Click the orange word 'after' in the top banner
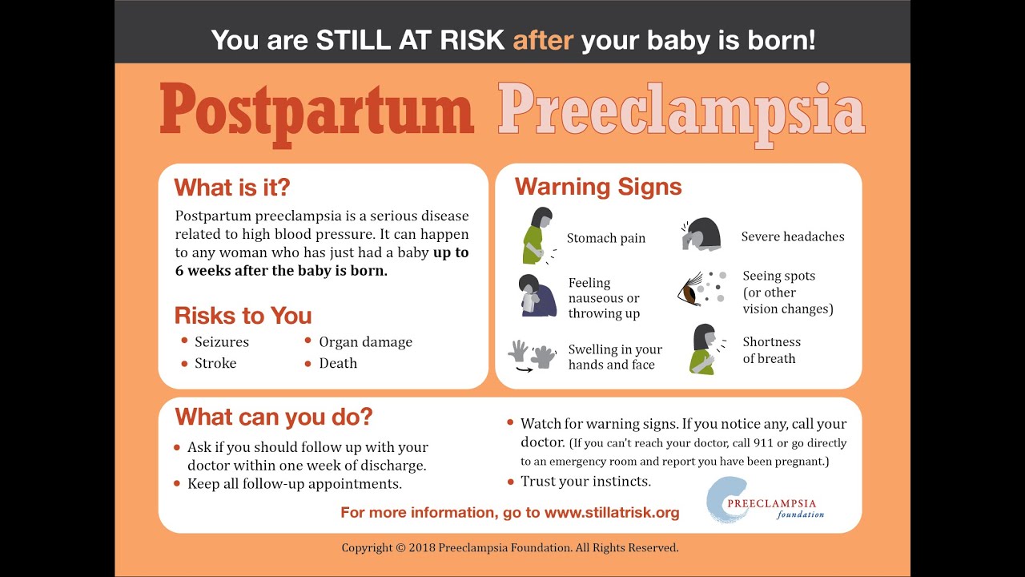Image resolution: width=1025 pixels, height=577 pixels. [543, 40]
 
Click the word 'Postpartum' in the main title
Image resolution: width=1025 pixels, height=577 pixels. [316, 115]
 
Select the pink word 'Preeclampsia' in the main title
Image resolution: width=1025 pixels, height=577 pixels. [681, 115]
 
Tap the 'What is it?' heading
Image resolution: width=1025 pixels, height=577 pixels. [232, 188]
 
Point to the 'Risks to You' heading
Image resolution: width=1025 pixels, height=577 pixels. [243, 316]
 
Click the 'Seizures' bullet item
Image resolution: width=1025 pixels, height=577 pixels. [222, 342]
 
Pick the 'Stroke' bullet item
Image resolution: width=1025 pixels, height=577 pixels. [215, 363]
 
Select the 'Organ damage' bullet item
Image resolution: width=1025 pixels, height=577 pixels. [366, 342]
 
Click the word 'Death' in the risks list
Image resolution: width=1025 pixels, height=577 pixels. [338, 363]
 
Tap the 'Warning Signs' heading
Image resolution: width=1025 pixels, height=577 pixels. [598, 187]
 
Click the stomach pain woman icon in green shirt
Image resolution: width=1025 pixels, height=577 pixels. [539, 236]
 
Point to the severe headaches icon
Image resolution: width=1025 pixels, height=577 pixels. [701, 234]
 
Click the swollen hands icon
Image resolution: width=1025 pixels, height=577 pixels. [532, 356]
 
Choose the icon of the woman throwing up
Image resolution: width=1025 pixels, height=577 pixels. [537, 296]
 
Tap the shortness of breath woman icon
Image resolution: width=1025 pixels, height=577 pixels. [706, 349]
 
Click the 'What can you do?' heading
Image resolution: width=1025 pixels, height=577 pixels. [274, 418]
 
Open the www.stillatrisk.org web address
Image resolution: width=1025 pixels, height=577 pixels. [612, 512]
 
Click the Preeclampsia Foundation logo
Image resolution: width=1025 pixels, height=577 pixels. [765, 500]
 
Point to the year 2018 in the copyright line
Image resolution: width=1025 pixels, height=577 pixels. [422, 547]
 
